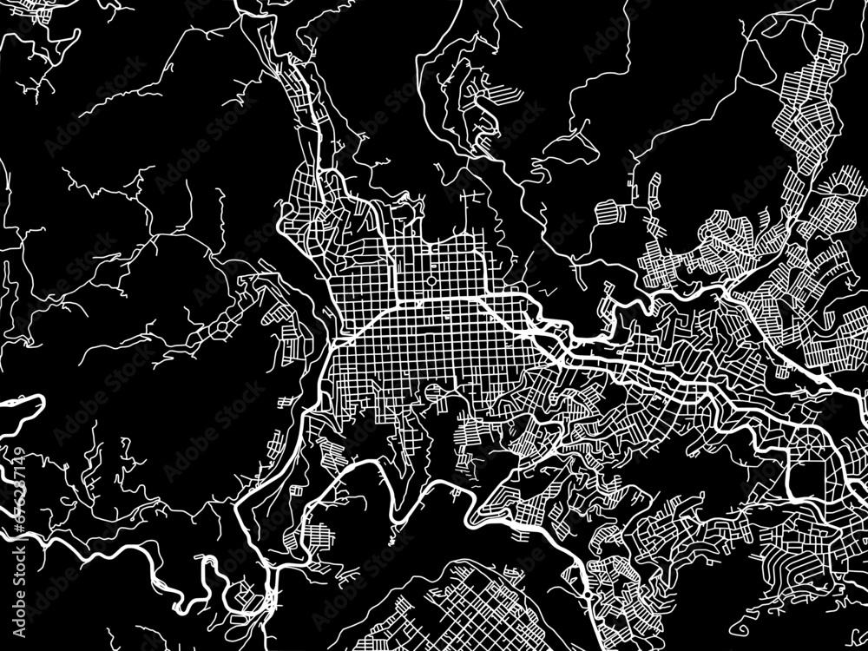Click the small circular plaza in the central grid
431,282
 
